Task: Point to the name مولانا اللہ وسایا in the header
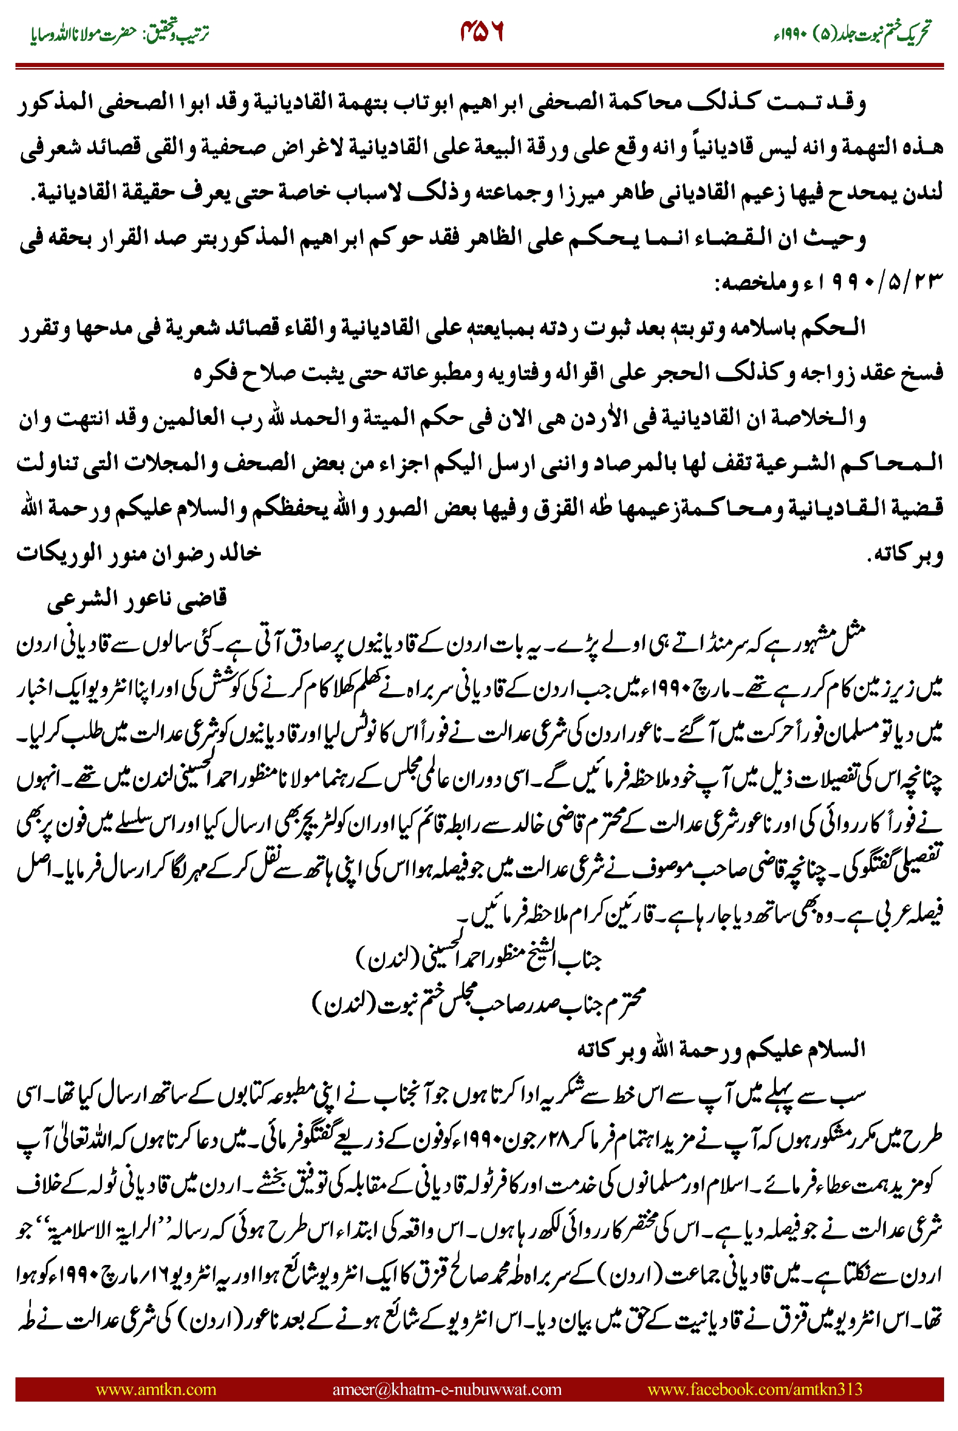click(x=61, y=34)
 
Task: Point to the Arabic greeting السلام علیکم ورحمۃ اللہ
click(x=721, y=1048)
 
